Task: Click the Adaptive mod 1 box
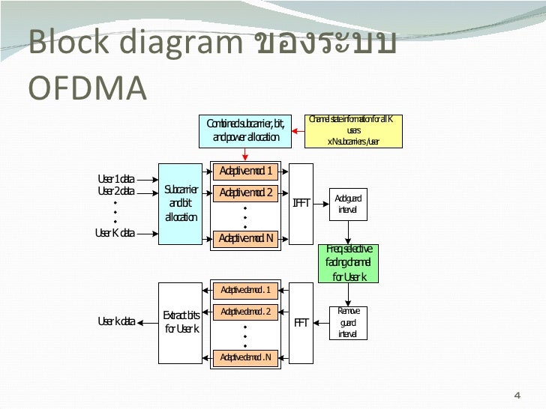click(x=246, y=172)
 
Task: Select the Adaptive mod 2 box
click(x=246, y=193)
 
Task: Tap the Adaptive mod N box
click(x=246, y=238)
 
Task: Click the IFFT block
click(x=301, y=204)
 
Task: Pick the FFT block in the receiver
click(x=301, y=324)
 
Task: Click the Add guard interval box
click(x=348, y=204)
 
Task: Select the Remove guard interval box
click(x=348, y=322)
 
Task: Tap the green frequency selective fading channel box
click(x=349, y=263)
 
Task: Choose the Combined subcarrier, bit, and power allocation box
click(x=246, y=130)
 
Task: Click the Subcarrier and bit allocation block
click(x=181, y=204)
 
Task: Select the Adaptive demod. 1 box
click(x=246, y=290)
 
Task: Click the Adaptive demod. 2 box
click(x=246, y=312)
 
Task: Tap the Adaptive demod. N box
click(x=246, y=357)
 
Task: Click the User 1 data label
click(x=116, y=179)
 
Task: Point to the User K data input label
click(x=115, y=232)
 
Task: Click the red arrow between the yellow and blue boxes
click(x=298, y=131)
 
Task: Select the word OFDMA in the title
click(x=87, y=88)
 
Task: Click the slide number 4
click(x=516, y=395)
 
